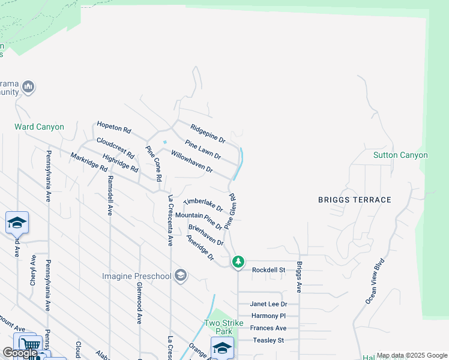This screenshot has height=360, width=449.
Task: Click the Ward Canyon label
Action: (x=39, y=127)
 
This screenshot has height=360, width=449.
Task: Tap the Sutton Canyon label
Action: (x=400, y=155)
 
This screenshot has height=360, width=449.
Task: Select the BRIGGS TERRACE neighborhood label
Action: (x=354, y=200)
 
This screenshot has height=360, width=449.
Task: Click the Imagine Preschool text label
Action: (x=137, y=276)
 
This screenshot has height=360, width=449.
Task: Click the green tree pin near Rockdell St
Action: (x=238, y=262)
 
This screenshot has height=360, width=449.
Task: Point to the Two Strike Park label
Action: (x=224, y=327)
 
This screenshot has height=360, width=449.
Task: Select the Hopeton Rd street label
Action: (x=114, y=128)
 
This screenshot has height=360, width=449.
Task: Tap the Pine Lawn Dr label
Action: (x=203, y=149)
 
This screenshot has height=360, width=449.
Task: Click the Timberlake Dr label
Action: (x=203, y=205)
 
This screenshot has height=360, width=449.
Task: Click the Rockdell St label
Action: (x=268, y=269)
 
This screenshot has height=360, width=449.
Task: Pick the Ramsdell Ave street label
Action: (x=110, y=196)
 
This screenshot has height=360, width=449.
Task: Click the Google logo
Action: (x=20, y=353)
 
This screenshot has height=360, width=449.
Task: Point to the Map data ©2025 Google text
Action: (x=411, y=355)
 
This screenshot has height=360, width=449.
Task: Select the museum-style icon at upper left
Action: (x=28, y=88)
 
